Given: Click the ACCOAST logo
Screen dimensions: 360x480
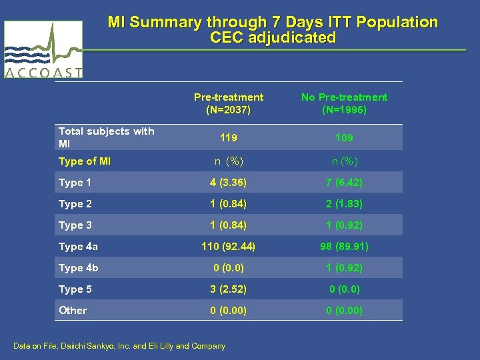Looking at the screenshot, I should point(43,49).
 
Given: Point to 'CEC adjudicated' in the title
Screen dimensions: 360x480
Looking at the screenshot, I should point(273,38).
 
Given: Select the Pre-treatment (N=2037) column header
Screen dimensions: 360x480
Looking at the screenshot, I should point(229,103).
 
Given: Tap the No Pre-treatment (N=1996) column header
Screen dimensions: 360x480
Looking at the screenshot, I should point(344,103).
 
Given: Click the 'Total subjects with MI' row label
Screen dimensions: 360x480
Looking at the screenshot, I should point(106,137).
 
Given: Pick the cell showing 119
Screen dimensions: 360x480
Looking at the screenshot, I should point(229,138).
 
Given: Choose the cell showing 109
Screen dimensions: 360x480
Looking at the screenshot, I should point(344,138).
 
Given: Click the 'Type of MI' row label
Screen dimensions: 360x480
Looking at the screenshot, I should point(85,161).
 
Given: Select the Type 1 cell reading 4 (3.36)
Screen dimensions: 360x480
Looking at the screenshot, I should point(229,183).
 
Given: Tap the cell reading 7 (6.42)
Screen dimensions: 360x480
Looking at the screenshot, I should point(344,183).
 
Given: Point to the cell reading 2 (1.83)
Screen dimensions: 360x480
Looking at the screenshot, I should point(344,204).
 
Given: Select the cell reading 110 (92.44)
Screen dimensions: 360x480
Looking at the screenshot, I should point(229,247).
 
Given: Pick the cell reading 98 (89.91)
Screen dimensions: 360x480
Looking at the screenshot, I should point(344,247).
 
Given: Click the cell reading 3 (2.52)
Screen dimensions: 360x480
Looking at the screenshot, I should point(229,289).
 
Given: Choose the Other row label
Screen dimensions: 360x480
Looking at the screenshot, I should point(73,311).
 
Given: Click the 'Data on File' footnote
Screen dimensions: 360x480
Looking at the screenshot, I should point(119,346).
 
